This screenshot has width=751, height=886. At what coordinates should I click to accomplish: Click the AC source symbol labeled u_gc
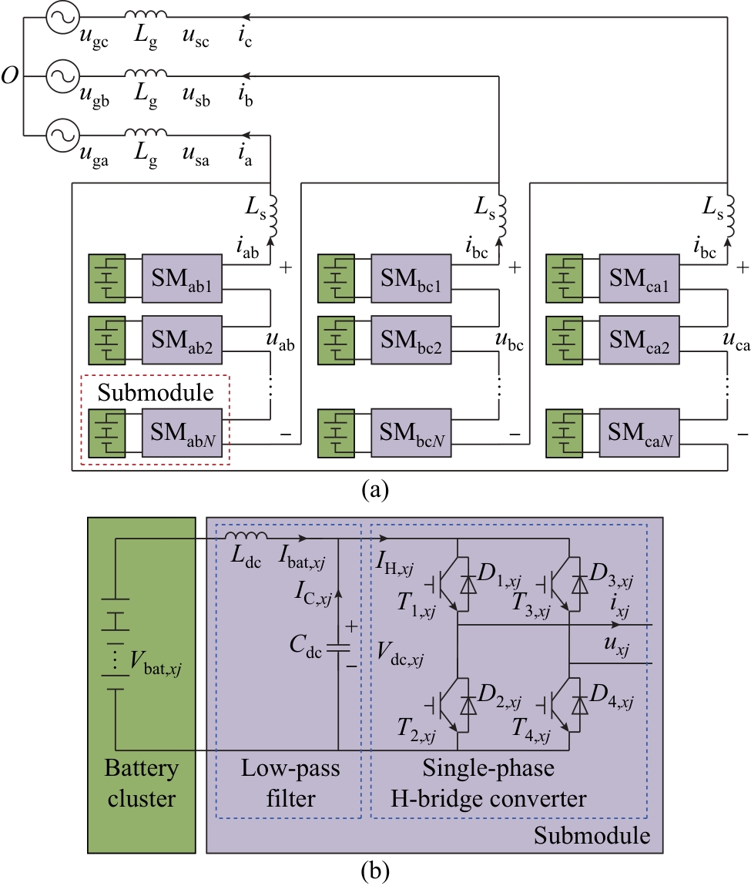62,17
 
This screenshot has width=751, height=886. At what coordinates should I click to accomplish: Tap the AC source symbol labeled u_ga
62,135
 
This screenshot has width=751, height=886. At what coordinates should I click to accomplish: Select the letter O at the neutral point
9,76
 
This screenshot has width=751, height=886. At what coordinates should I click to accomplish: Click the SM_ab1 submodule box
181,279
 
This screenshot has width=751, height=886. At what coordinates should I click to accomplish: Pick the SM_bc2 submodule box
411,341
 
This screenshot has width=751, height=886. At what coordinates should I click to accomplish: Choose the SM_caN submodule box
639,433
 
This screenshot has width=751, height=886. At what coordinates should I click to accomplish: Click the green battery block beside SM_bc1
336,279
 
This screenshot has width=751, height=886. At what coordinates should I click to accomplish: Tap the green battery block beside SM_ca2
564,341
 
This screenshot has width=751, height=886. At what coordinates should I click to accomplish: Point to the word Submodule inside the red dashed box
156,393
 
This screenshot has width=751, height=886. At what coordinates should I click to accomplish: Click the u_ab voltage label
280,341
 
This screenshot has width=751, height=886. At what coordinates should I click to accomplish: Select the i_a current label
245,153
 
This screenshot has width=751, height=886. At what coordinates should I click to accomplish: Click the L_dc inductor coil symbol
246,535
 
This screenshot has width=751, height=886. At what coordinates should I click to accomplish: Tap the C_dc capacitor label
306,646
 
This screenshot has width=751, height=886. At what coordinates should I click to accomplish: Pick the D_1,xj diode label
499,575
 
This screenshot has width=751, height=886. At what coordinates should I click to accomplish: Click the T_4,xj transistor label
531,730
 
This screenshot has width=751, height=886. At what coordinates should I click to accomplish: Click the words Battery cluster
141,784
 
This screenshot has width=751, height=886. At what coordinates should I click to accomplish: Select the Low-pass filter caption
290,784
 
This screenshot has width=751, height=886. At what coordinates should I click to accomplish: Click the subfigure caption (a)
375,489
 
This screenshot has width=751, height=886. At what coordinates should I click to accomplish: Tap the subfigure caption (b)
375,871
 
